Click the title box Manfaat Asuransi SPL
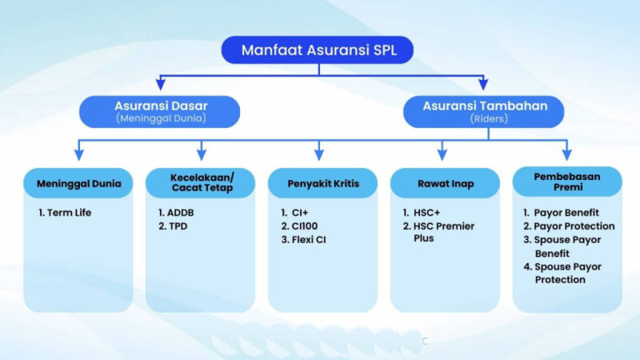(318, 50)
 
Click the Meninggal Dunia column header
(78, 183)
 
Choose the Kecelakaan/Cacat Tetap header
(201, 182)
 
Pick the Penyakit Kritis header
(322, 183)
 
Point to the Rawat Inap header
(445, 183)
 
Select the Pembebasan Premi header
(566, 182)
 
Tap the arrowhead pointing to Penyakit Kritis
(319, 154)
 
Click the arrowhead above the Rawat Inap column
(442, 154)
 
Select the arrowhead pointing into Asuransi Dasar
(161, 85)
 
